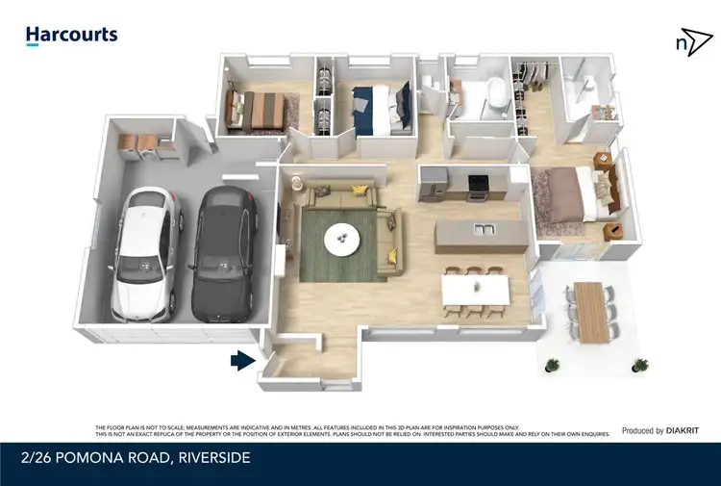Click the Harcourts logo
pos(71,36)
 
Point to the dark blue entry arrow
pos(241,361)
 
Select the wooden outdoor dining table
pos(591,312)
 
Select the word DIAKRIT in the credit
pos(686,431)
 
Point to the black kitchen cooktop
pos(477,181)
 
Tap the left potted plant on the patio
pos(552,365)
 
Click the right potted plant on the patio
pos(639,364)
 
